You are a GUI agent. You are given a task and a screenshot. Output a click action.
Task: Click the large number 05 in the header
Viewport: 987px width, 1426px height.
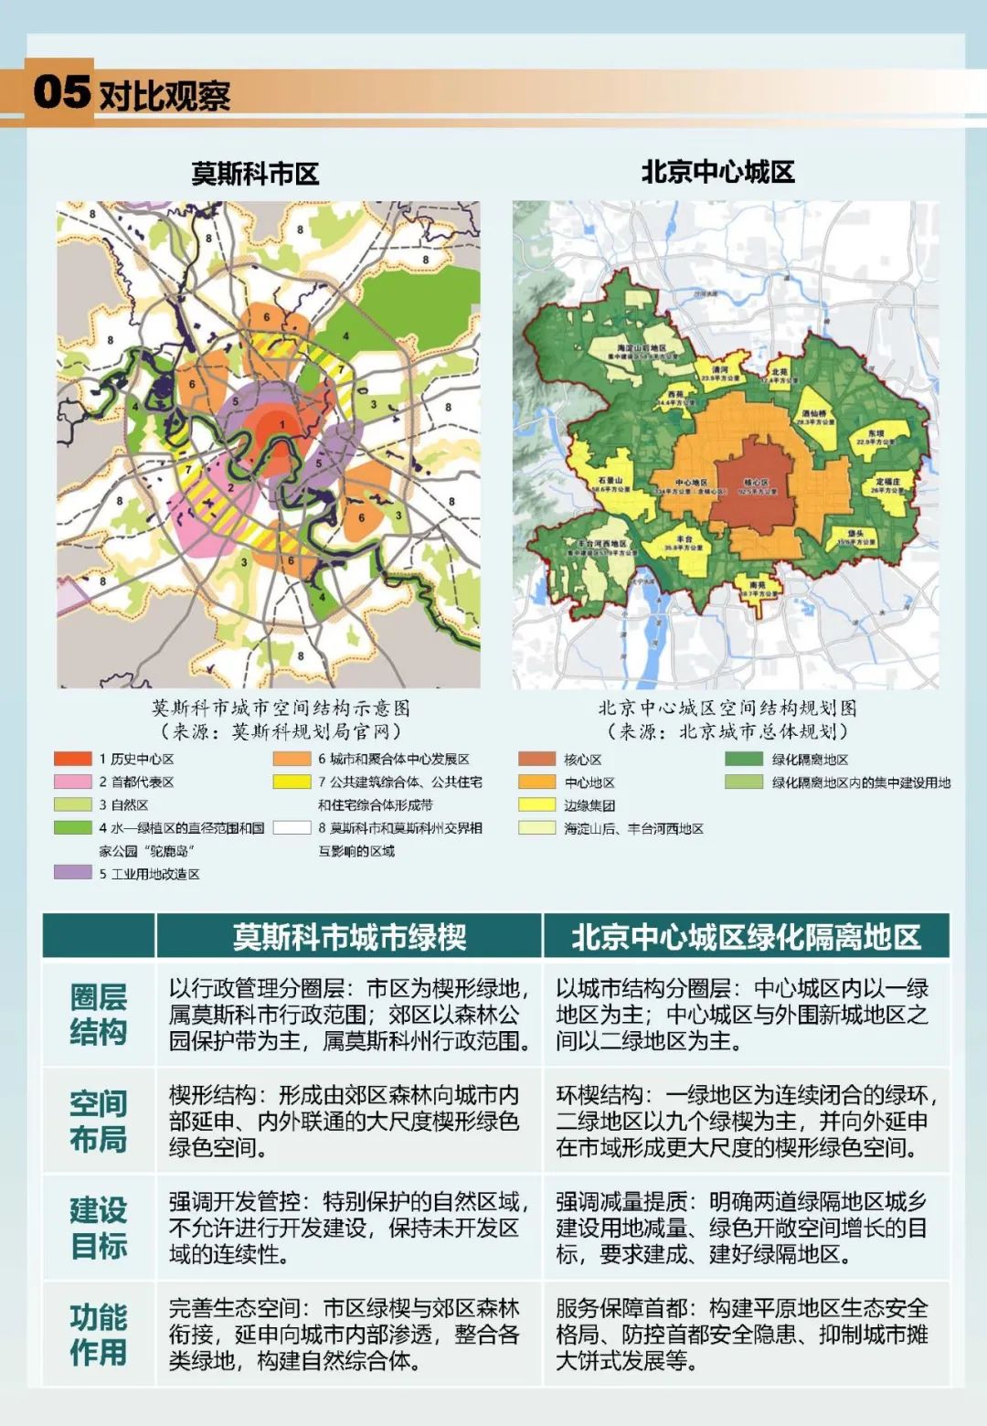[x=61, y=91]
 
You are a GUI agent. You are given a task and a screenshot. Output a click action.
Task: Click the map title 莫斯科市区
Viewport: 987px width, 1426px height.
[x=255, y=174]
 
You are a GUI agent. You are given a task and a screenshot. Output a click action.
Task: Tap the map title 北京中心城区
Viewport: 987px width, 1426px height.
[x=717, y=172]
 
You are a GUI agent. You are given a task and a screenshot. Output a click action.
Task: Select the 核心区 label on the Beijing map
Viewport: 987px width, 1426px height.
[x=756, y=484]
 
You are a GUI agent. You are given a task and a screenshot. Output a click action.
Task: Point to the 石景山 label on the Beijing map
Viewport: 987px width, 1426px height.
[x=610, y=481]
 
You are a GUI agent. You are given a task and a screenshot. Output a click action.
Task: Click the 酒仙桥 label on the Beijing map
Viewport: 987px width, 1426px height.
[x=814, y=415]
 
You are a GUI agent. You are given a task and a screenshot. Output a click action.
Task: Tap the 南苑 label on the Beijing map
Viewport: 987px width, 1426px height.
[x=757, y=585]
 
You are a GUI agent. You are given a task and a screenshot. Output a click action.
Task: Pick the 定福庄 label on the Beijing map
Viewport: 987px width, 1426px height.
[x=887, y=482]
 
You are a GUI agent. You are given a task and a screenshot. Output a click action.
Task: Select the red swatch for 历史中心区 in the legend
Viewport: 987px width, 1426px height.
[x=73, y=759]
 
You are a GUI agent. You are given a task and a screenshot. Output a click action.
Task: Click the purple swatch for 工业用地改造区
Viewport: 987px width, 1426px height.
[x=73, y=873]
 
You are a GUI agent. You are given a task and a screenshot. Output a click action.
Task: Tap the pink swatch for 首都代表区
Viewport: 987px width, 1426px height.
[x=73, y=782]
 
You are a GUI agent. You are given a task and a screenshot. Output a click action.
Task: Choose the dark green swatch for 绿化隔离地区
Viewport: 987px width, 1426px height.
[x=743, y=759]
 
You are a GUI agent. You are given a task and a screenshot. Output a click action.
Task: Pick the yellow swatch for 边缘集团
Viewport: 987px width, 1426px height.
[x=536, y=805]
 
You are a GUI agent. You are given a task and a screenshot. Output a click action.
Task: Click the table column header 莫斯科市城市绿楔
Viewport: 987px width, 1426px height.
[x=349, y=937]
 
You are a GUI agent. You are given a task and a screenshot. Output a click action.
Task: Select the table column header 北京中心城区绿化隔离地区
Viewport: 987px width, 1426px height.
[x=746, y=937]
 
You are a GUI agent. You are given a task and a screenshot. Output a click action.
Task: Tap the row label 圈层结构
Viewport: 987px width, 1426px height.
[x=99, y=1014]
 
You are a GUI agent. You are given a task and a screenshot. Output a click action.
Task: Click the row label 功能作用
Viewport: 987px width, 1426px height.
[x=99, y=1335]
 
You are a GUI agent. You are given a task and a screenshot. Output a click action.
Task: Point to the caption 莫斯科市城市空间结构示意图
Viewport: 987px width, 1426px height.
[x=281, y=708]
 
